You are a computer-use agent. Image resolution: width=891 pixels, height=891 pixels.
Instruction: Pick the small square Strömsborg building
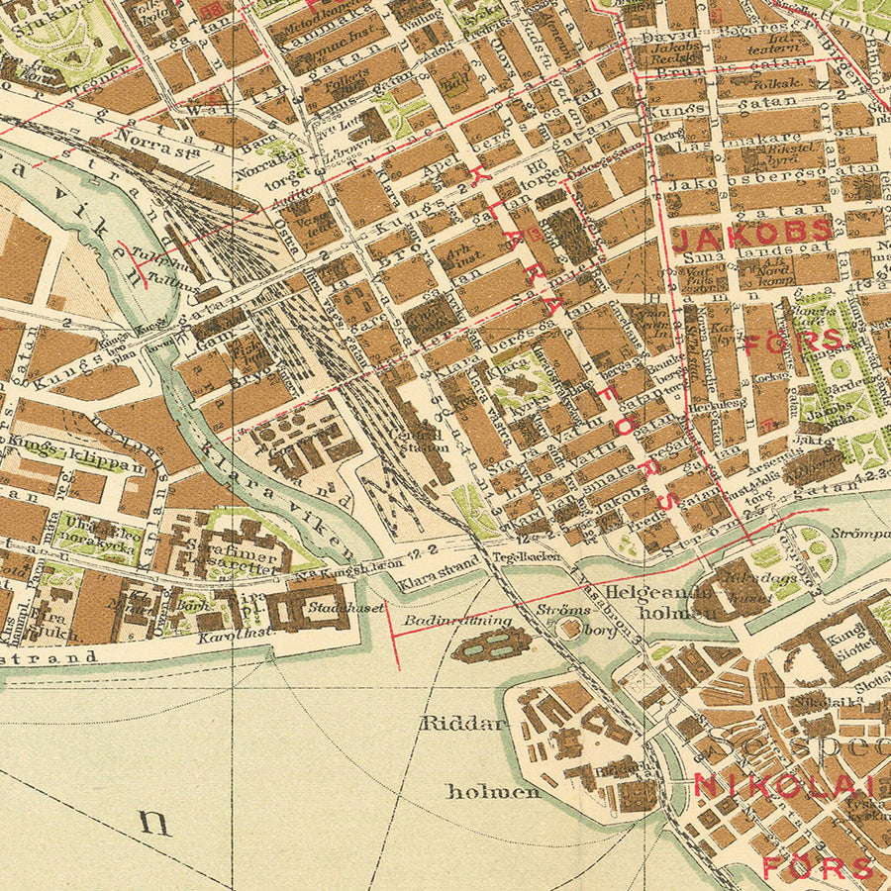569,628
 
